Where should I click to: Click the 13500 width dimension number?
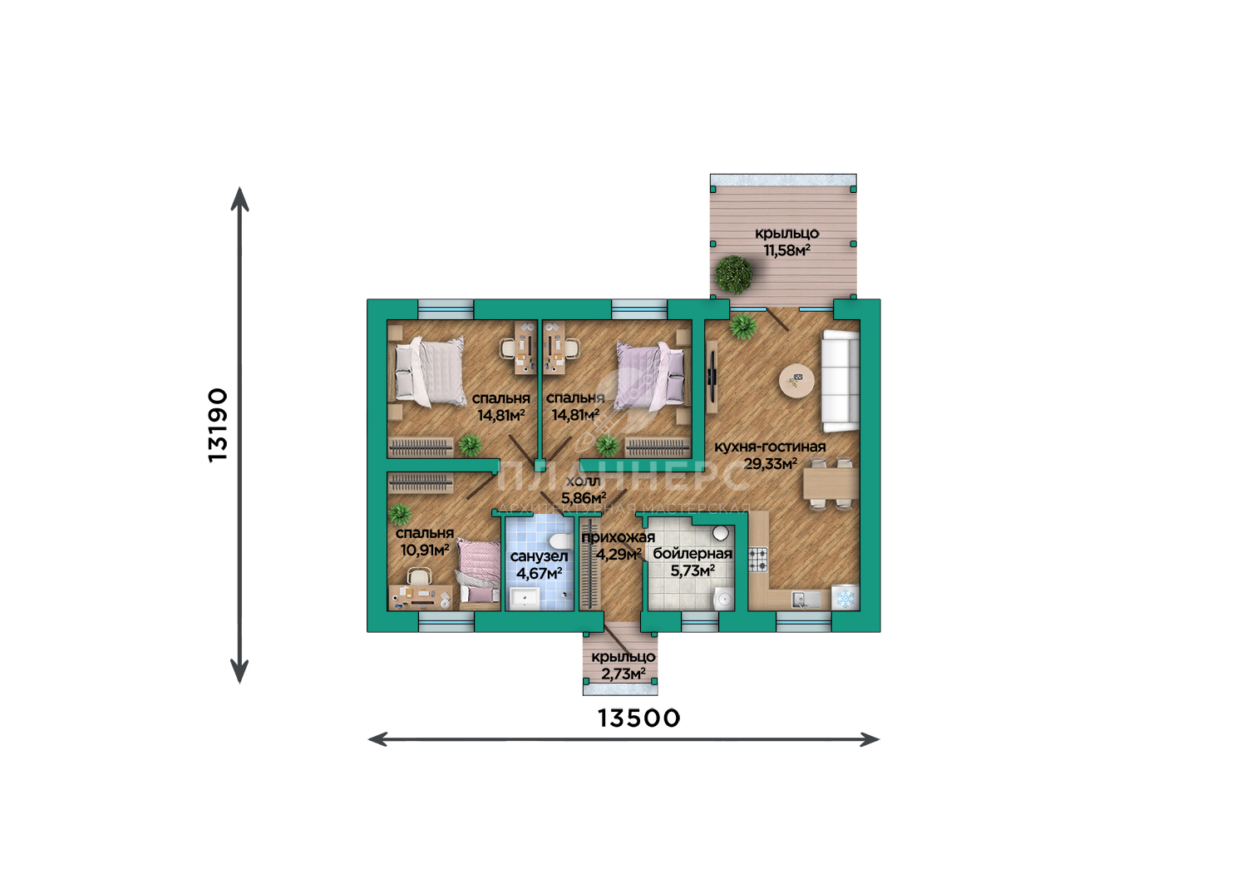(x=639, y=718)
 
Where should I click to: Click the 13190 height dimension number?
(x=218, y=425)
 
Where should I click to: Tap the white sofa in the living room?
(x=840, y=381)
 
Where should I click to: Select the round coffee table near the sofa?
(x=796, y=381)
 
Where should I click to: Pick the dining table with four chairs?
(x=830, y=483)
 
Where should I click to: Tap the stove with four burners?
(x=757, y=560)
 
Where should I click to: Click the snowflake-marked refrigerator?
(x=845, y=598)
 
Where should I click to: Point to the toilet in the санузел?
(x=559, y=541)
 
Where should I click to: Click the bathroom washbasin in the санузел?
(x=524, y=599)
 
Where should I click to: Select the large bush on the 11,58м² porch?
(x=734, y=274)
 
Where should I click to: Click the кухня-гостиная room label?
(x=770, y=447)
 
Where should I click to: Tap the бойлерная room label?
(x=693, y=553)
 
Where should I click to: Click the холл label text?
(x=584, y=481)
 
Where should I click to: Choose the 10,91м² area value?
(x=425, y=551)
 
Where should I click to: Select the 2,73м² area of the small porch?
(x=623, y=674)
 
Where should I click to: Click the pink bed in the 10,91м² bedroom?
(x=479, y=572)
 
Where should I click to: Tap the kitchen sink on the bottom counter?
(x=806, y=600)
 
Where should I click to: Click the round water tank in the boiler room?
(x=721, y=533)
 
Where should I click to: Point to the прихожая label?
(x=618, y=537)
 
